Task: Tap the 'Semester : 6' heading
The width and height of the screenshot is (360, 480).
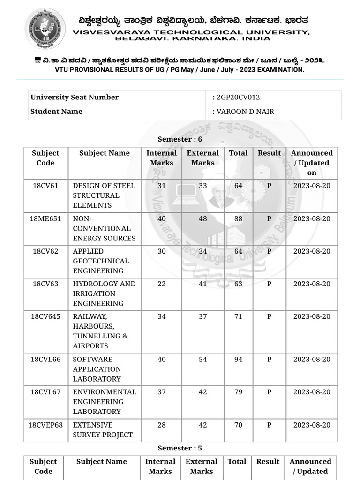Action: point(180,139)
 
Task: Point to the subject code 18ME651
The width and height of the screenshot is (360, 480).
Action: point(45,219)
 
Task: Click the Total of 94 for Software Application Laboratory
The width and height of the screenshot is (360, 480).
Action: point(238,360)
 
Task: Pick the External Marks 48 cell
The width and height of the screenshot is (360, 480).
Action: point(202,219)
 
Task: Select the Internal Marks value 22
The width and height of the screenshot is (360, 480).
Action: point(161,284)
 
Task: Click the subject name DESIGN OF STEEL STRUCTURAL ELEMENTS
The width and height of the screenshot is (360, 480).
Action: point(104,195)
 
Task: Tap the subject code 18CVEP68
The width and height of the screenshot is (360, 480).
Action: point(45,425)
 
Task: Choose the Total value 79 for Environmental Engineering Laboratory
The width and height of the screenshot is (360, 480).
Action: point(238,392)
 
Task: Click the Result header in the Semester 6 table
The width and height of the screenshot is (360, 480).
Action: point(269,153)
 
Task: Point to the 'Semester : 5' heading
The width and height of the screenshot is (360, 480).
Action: point(180,448)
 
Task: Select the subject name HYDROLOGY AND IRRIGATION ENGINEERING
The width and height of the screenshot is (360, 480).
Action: point(104,294)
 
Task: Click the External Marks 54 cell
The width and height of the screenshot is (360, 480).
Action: point(202,360)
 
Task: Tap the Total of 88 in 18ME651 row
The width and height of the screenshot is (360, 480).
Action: point(238,219)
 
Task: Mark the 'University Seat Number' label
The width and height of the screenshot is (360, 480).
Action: point(75,97)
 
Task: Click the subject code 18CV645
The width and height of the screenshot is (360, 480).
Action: point(45,317)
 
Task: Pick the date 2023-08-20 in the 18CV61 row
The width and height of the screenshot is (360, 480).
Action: point(312,186)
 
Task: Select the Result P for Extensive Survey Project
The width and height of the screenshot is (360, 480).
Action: point(269,425)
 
